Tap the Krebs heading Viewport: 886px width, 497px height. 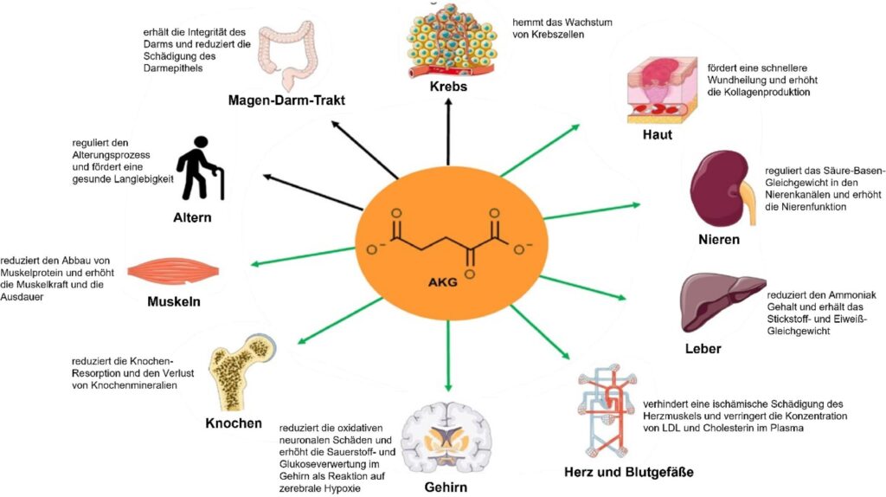[x=448, y=87]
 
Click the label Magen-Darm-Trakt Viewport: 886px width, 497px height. [x=286, y=100]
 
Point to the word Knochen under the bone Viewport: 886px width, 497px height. [x=234, y=423]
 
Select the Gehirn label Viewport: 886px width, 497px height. [x=446, y=487]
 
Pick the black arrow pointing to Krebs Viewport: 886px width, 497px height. [x=449, y=130]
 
